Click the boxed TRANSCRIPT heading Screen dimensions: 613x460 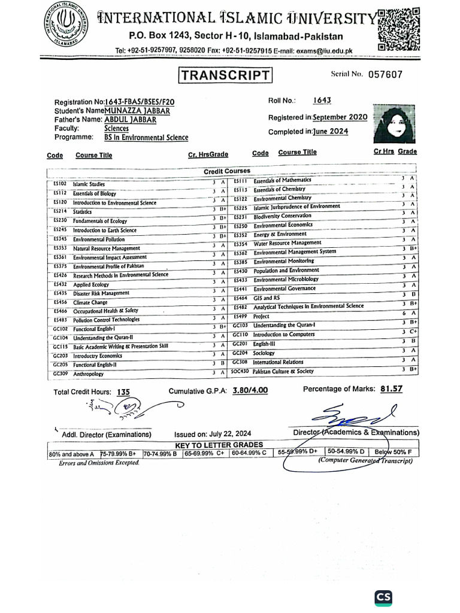pyautogui.click(x=225, y=75)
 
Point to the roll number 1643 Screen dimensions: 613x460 pyautogui.click(x=322, y=101)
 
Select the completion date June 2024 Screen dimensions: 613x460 pyautogui.click(x=331, y=132)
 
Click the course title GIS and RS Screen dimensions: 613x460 pyautogui.click(x=267, y=298)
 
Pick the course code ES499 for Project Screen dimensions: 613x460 pyautogui.click(x=241, y=316)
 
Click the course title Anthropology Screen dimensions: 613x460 pyautogui.click(x=89, y=374)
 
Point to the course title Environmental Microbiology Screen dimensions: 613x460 pyautogui.click(x=286, y=280)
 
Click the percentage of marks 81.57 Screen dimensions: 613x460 pyautogui.click(x=391, y=389)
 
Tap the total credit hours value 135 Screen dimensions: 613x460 pyautogui.click(x=123, y=392)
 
